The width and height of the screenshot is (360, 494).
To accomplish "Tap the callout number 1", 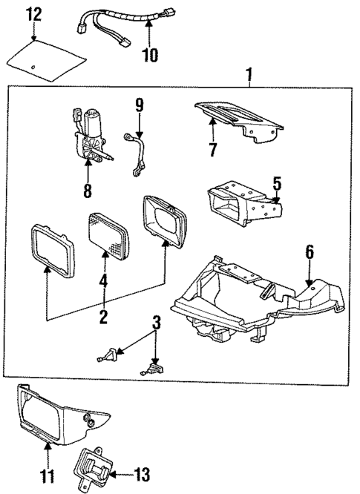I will point(249,74).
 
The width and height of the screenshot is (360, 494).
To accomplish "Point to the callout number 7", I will point(212,151).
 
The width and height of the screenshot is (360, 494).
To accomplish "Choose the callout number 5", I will point(277,182).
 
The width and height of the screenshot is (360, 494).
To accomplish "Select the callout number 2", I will point(104,317).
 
